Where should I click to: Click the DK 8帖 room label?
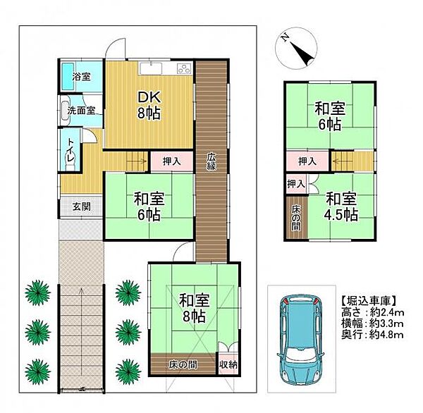[149, 105]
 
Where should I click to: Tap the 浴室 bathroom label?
[81, 77]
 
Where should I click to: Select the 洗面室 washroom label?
[81, 110]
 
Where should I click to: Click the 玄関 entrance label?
[82, 207]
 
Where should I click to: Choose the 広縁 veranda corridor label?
[211, 161]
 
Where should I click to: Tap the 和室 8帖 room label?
[195, 308]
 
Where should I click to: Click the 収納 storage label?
[228, 365]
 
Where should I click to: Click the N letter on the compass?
[284, 38]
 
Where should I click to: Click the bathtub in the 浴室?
[67, 77]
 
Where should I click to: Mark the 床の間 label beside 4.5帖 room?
[296, 218]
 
